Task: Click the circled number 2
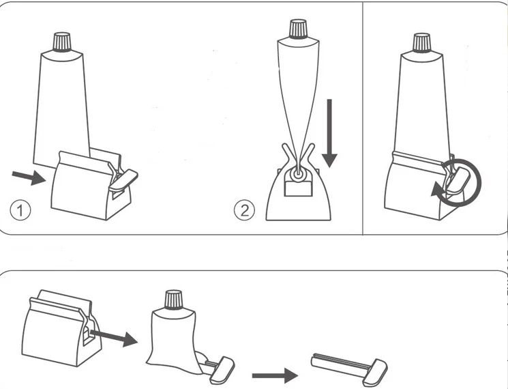click(244, 210)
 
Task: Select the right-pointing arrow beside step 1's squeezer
click(28, 177)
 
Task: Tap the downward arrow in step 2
click(329, 133)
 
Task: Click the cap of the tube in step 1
click(62, 41)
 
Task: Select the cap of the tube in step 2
click(298, 29)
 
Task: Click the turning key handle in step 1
click(122, 178)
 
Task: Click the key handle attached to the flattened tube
click(222, 369)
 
